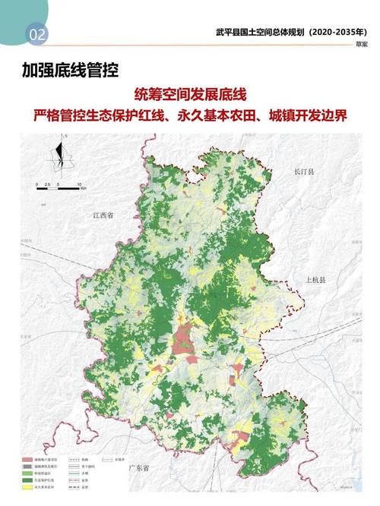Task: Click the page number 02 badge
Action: [x=36, y=33]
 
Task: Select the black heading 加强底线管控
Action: [x=70, y=72]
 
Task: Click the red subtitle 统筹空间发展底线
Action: [x=190, y=96]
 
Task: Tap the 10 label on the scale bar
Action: [x=80, y=185]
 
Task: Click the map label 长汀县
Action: [x=303, y=172]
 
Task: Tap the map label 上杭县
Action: [x=314, y=280]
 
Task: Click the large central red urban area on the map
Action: [x=185, y=339]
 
